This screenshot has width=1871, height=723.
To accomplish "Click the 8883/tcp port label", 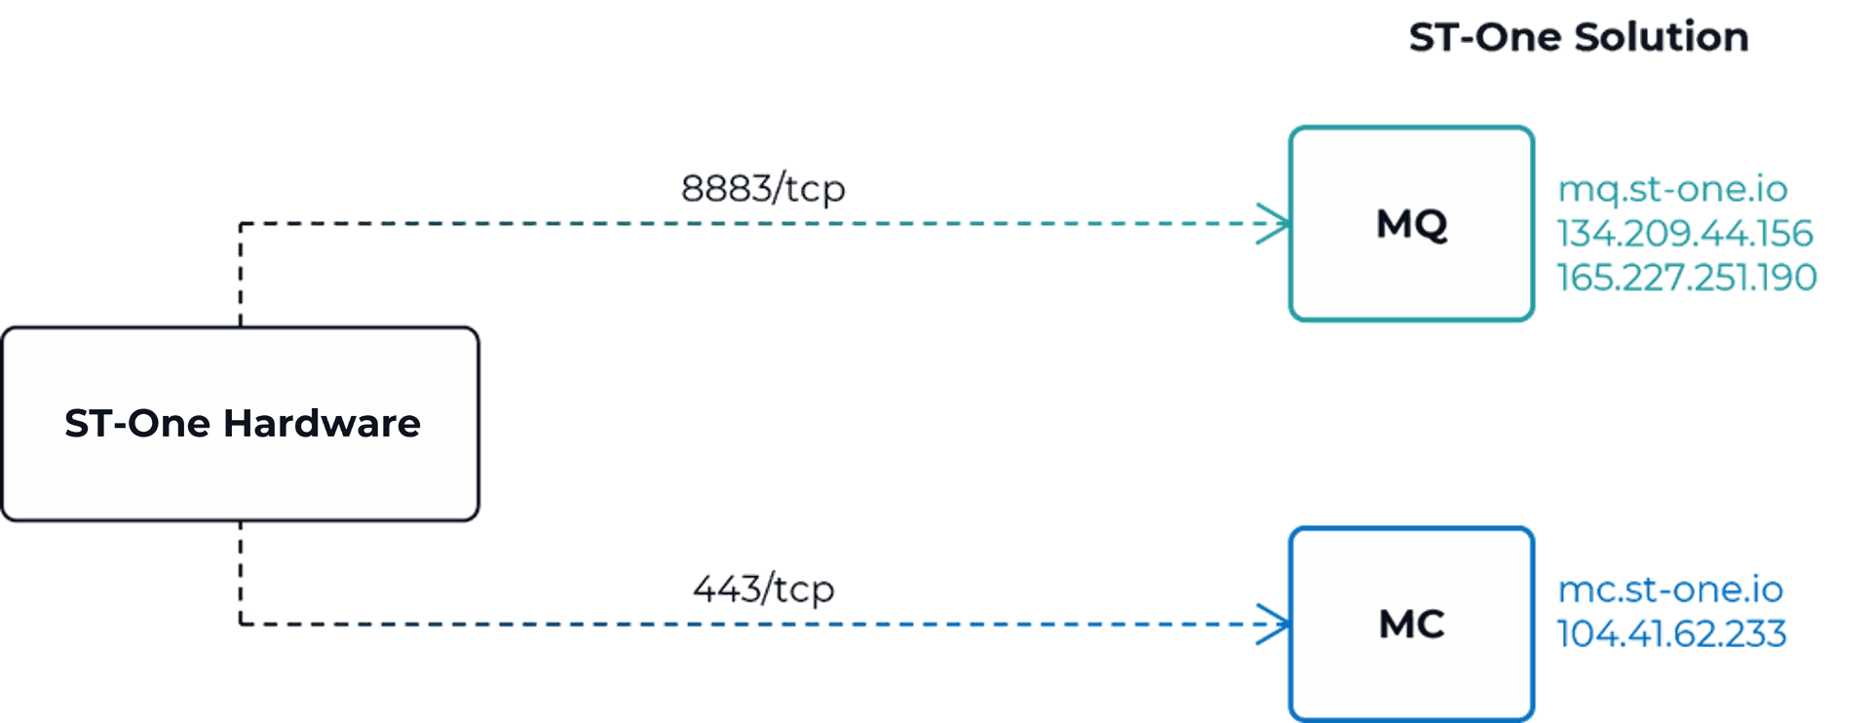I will [763, 188].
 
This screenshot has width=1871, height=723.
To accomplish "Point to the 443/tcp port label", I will [763, 589].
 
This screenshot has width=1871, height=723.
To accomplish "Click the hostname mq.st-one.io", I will [1673, 188].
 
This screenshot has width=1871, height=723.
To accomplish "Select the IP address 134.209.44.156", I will [1684, 233].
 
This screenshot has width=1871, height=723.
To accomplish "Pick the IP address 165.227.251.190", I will [1686, 277].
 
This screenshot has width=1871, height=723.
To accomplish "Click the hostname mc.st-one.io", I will [1670, 590].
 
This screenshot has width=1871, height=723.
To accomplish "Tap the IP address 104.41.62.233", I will [1671, 633].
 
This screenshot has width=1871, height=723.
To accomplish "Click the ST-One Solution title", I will [1579, 38].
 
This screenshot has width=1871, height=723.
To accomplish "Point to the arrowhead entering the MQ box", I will [1272, 224].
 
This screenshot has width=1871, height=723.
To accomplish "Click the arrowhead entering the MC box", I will [1272, 625].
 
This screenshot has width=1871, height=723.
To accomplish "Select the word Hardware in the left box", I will [322, 424].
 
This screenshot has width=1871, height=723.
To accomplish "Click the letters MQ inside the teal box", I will [1411, 224].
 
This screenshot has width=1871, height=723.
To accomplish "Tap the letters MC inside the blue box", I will [1411, 625].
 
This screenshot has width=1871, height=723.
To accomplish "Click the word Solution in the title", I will [1661, 38].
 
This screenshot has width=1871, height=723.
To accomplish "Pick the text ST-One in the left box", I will [137, 424].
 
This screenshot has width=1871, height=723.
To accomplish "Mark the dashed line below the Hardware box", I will [241, 575].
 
